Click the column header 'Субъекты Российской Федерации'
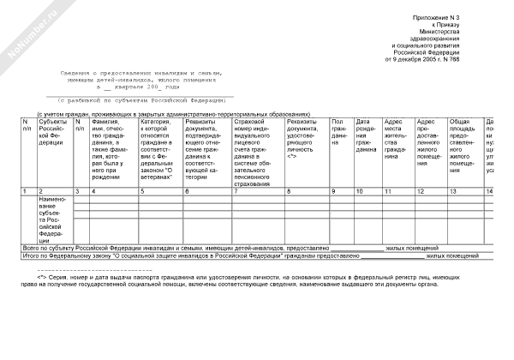[52, 132]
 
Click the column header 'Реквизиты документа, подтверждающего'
[206, 142]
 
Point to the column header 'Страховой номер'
[257, 146]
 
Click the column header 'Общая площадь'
[463, 142]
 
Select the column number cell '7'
[236, 190]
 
